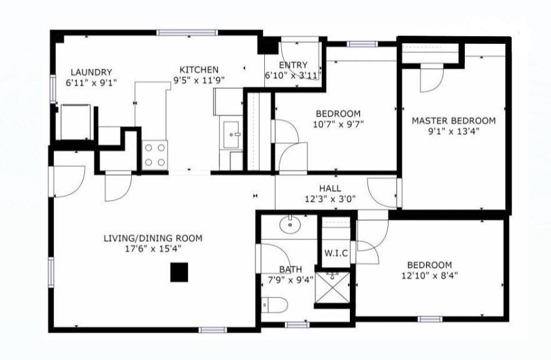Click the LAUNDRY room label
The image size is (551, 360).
(91, 72)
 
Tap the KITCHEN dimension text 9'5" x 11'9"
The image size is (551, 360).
(199, 80)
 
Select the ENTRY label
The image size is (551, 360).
(293, 65)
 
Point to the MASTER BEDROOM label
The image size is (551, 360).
(453, 121)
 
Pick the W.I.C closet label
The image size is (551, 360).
(336, 253)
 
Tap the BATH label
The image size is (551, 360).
(290, 269)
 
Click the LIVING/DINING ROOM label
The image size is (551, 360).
(152, 238)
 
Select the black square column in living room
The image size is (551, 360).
(180, 272)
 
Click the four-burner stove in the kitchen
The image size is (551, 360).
(156, 154)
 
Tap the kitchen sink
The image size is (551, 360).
(233, 134)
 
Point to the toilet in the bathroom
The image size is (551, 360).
(275, 306)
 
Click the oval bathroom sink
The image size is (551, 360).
(290, 224)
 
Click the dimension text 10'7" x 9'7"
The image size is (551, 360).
(337, 124)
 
